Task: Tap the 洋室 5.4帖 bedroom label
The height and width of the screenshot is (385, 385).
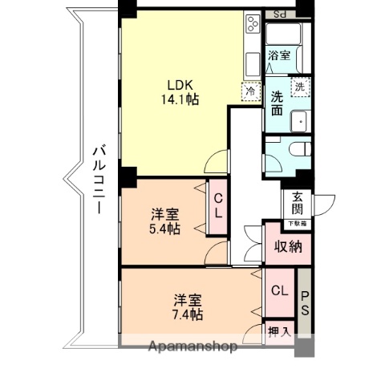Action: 165,221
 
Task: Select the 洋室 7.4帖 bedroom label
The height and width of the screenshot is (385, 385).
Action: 188,307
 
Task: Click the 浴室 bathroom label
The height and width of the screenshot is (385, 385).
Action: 278,57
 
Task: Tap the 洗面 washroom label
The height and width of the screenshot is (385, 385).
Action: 278,103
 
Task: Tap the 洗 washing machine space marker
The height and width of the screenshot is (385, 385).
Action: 298,86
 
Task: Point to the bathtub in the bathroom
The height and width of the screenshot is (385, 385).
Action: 283,35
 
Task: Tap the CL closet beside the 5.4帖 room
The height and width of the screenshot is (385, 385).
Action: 217,206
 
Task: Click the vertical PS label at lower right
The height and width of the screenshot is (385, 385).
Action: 306,306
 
